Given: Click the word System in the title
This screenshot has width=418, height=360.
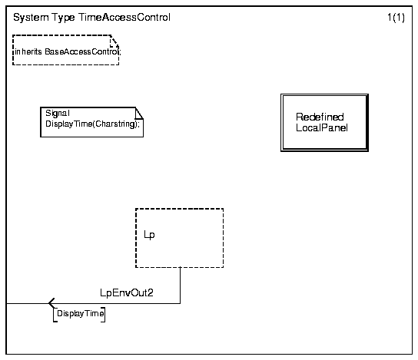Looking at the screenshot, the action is pyautogui.click(x=31, y=18).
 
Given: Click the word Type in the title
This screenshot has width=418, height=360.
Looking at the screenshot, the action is pyautogui.click(x=63, y=18).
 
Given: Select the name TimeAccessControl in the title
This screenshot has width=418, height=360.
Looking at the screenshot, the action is pyautogui.click(x=124, y=18).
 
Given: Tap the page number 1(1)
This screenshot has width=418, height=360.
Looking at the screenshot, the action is pyautogui.click(x=396, y=18).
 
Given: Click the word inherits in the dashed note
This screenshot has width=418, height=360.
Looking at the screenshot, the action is pyautogui.click(x=28, y=51).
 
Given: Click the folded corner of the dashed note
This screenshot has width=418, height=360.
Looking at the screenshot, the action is pyautogui.click(x=114, y=41).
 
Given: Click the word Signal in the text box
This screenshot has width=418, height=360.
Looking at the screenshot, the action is pyautogui.click(x=58, y=113).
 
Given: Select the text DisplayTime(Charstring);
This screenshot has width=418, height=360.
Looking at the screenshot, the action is pyautogui.click(x=92, y=124).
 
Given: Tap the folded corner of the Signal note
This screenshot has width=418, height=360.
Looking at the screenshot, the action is pyautogui.click(x=139, y=113).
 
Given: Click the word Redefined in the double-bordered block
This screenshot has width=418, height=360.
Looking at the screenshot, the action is pyautogui.click(x=320, y=117).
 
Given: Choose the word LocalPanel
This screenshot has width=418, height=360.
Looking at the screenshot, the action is pyautogui.click(x=322, y=128).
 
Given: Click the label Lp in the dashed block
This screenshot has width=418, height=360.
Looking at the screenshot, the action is pyautogui.click(x=149, y=235).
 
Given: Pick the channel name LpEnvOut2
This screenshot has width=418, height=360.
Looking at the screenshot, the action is pyautogui.click(x=127, y=293).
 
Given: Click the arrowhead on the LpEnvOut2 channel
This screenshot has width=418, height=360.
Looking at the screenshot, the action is pyautogui.click(x=51, y=303).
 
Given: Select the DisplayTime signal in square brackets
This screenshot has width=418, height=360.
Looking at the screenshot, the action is pyautogui.click(x=80, y=313).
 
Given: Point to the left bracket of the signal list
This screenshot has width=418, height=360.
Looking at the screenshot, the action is pyautogui.click(x=55, y=315).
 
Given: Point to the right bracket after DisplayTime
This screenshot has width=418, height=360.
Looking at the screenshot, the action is pyautogui.click(x=104, y=315).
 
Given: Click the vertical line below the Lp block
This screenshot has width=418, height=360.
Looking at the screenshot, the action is pyautogui.click(x=181, y=286).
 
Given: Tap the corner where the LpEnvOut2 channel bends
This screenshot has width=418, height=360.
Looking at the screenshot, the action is pyautogui.click(x=181, y=303).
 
